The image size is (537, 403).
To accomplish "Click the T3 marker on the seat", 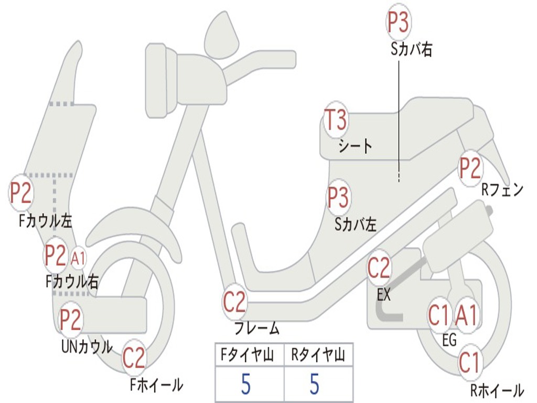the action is pyautogui.click(x=335, y=120).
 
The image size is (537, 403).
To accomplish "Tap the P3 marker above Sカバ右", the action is pyautogui.click(x=398, y=22).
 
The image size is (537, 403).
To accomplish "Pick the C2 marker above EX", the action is pyautogui.click(x=379, y=268).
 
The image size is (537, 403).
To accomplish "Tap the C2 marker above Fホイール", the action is pyautogui.click(x=134, y=358).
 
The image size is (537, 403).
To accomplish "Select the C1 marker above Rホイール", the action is pyautogui.click(x=469, y=363).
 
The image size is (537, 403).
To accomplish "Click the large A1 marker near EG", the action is pyautogui.click(x=466, y=315).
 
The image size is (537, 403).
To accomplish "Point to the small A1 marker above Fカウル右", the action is pyautogui.click(x=78, y=258).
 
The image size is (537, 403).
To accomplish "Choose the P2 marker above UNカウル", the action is pyautogui.click(x=70, y=320).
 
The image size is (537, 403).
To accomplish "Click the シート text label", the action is pyautogui.click(x=355, y=145).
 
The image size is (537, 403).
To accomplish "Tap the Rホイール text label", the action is pyautogui.click(x=496, y=390).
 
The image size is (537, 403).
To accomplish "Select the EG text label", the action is pyautogui.click(x=449, y=341).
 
